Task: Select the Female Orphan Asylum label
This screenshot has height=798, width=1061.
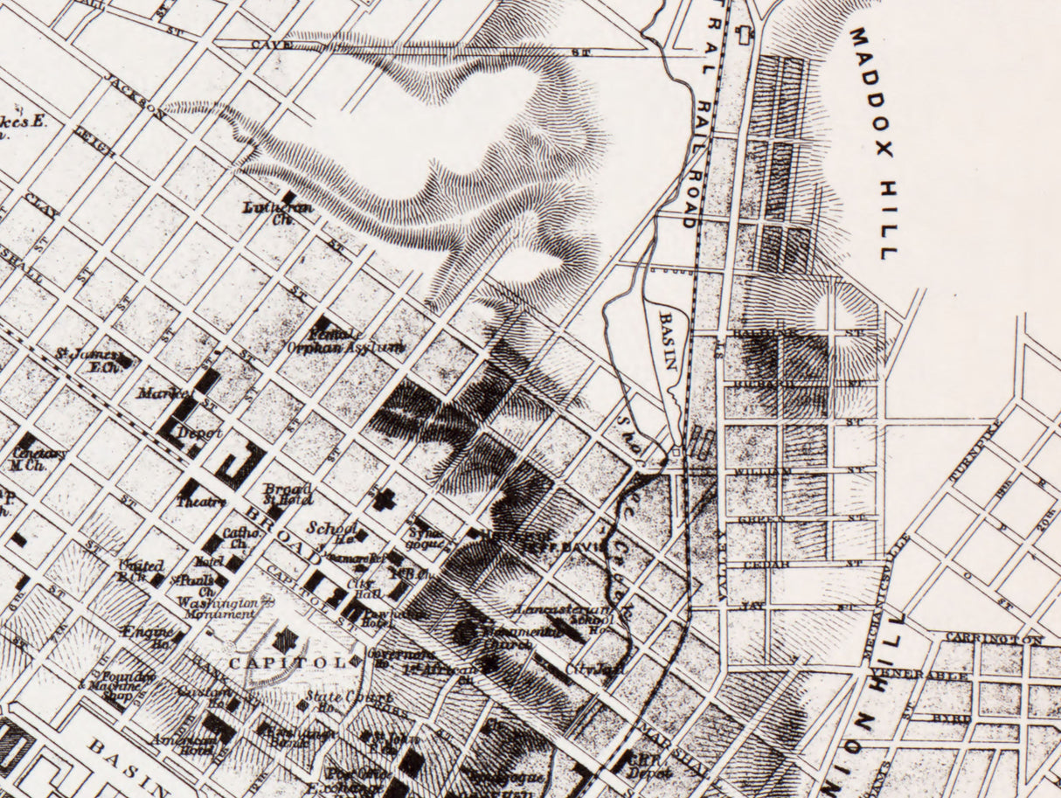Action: tap(346, 340)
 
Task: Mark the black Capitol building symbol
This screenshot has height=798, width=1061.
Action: tap(285, 640)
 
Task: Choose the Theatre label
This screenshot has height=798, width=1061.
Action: tap(202, 502)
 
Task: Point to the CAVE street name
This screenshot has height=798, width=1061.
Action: tap(269, 42)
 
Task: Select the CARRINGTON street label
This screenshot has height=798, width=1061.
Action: tap(994, 639)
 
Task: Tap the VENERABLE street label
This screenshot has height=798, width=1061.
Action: tap(919, 675)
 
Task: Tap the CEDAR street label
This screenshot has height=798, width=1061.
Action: tap(766, 564)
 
